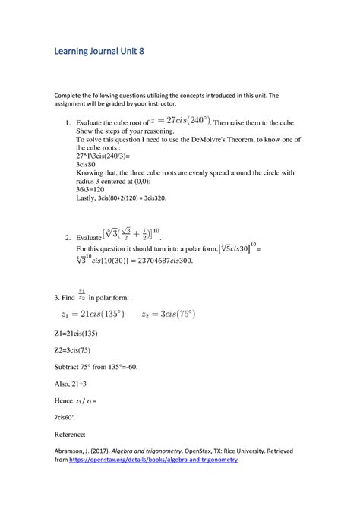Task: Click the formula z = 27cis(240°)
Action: pos(176,121)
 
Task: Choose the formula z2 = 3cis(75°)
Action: pos(191,317)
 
